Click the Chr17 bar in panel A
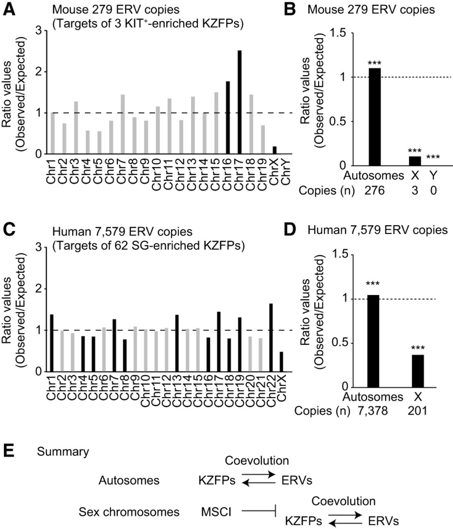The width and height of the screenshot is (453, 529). coord(239,102)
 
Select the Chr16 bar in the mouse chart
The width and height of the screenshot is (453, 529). coord(227,117)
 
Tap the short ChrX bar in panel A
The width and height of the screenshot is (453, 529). coord(274,150)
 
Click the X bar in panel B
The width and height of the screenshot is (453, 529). coord(415,161)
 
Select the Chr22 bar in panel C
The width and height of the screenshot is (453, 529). coord(271,337)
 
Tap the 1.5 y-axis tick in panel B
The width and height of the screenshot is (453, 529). coord(338,33)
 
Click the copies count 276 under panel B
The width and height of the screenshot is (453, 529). coord(374,191)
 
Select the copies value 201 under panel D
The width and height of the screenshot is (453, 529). coord(417,411)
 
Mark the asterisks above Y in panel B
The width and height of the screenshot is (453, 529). coord(433,157)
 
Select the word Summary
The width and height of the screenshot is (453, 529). coord(63,452)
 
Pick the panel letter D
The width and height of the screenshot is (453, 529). coord(290,229)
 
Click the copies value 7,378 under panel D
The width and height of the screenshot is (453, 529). coord(373,411)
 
